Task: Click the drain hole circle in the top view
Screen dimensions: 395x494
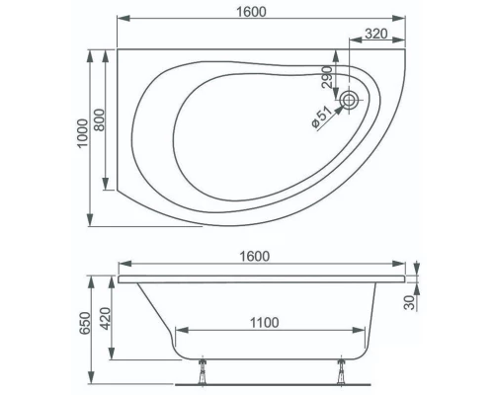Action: pos(350,99)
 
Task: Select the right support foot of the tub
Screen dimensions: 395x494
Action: pos(341,366)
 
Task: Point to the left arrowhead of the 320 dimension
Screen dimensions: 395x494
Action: pos(351,42)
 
